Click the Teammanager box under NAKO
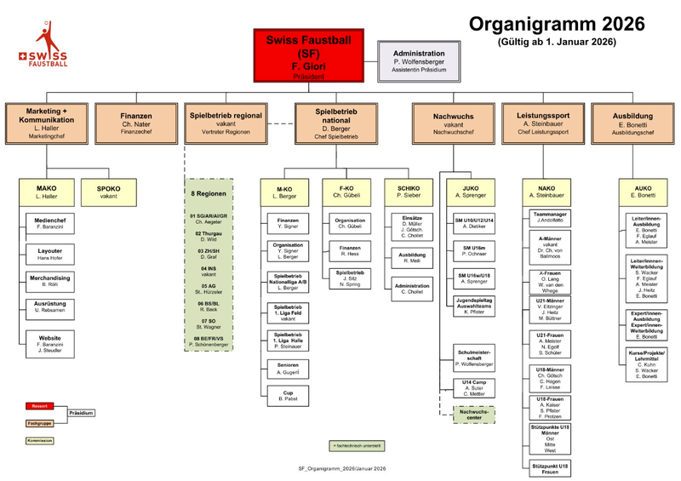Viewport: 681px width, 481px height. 551,217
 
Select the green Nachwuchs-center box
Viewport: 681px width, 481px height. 472,415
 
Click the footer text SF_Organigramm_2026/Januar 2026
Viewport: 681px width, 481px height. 342,468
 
